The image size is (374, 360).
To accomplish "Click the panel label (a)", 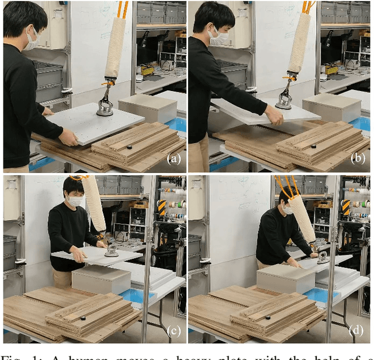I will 174,158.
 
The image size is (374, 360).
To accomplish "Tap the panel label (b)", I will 359,159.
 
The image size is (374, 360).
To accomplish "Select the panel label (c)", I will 174,331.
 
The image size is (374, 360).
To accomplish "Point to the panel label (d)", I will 359,331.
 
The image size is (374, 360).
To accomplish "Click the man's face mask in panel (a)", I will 32,39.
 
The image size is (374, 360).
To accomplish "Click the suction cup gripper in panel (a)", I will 105,109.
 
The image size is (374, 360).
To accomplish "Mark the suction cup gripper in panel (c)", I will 110,252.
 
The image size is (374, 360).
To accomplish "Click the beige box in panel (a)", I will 148,108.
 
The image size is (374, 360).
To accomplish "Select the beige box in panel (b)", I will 331,107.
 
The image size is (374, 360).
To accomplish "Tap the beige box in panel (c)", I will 101,279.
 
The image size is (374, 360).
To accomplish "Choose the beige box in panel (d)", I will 284,278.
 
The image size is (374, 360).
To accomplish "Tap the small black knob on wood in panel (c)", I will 83,319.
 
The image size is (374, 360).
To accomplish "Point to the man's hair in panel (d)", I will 284,199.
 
